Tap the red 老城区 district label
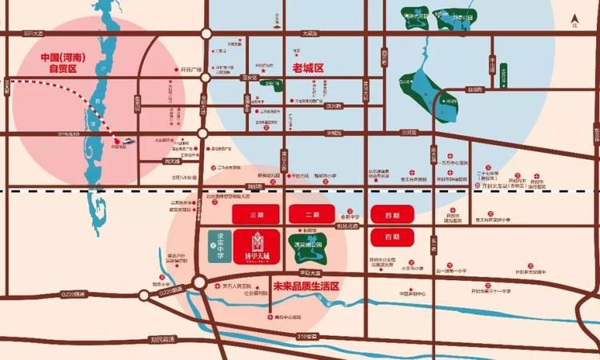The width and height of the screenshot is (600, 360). [x=308, y=69]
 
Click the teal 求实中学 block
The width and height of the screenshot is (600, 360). [x=214, y=241]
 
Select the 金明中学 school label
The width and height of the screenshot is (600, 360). [x=350, y=217]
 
